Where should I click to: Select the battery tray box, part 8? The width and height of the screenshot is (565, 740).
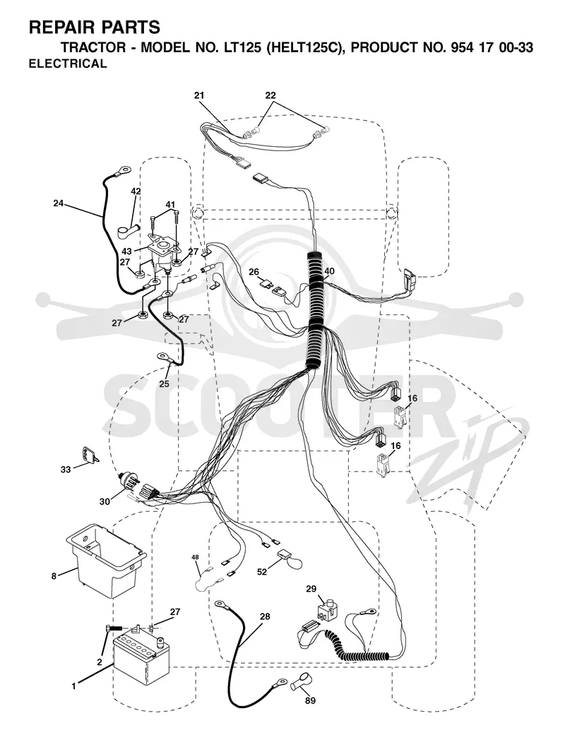tap(107, 560)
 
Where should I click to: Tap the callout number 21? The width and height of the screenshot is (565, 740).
tap(199, 95)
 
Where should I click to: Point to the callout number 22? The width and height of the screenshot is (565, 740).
tap(270, 95)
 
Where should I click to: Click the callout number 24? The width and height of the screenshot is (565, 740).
tap(59, 203)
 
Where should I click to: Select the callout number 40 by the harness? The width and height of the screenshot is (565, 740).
tap(329, 271)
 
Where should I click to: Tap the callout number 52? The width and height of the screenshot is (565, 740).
tap(262, 572)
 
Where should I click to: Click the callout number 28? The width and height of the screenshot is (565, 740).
tap(266, 616)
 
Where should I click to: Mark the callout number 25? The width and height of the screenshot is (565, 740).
tap(164, 384)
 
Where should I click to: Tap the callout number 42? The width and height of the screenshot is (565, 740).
tap(136, 191)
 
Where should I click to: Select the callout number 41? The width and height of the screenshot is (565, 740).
tap(170, 205)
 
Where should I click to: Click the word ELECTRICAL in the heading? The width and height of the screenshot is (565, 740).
tap(68, 64)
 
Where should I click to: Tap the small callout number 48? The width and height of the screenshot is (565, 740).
tap(196, 557)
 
